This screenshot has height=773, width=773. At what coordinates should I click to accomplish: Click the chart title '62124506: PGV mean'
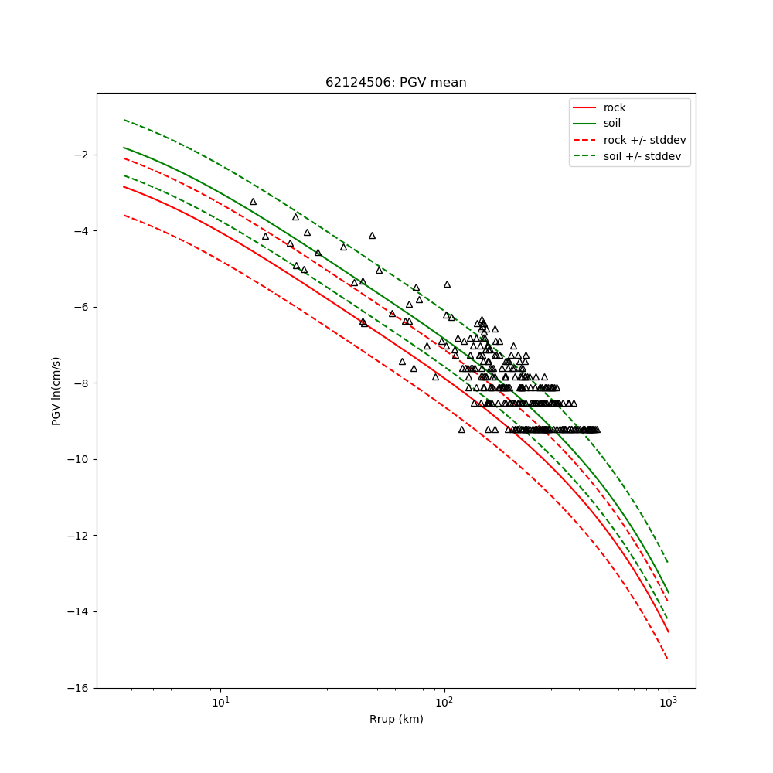396,83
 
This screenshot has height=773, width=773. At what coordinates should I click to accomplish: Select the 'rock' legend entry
615,107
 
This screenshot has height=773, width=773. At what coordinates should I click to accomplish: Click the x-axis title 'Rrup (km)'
396,720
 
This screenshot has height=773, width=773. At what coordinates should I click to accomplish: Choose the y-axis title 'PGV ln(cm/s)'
56,390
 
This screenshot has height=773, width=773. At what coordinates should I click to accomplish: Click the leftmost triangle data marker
253,202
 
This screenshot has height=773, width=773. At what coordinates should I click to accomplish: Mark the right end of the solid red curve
668,632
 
